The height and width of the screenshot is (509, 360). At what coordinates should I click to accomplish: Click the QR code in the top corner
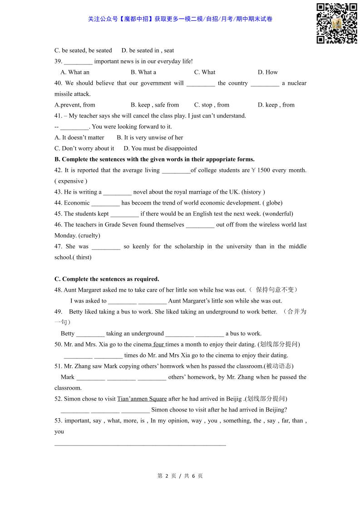click(336, 23)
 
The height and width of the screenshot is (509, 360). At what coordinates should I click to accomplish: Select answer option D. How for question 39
click(268, 72)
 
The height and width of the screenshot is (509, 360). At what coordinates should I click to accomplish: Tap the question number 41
click(58, 116)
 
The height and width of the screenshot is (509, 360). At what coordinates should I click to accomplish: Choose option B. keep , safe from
click(155, 105)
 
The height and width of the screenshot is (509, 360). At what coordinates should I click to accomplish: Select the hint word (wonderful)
click(278, 214)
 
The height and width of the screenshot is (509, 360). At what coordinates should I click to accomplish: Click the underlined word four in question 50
click(158, 344)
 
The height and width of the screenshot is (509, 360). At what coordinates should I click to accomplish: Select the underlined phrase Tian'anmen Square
click(142, 399)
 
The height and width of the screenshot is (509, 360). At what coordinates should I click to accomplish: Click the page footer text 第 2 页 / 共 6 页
click(180, 476)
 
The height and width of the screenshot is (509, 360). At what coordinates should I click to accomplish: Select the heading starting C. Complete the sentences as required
click(107, 279)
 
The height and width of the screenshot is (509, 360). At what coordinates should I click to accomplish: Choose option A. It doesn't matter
click(79, 137)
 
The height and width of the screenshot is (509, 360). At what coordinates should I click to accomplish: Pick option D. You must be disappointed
click(160, 148)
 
